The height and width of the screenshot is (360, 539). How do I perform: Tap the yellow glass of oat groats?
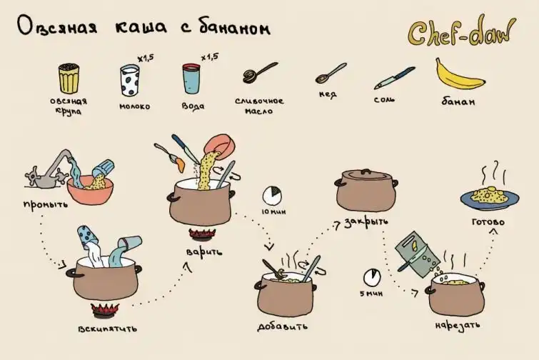click(x=69, y=79)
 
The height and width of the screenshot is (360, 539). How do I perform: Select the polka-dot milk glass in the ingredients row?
click(x=130, y=81)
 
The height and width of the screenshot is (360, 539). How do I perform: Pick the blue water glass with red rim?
click(x=191, y=79)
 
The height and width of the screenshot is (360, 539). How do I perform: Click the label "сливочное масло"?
click(x=259, y=106)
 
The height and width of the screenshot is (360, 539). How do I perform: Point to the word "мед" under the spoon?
click(x=328, y=94)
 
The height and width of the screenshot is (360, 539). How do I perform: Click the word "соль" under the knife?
click(x=384, y=100)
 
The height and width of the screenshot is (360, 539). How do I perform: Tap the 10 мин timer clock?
click(x=272, y=196)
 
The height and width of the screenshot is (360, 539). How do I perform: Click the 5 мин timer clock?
click(x=372, y=277)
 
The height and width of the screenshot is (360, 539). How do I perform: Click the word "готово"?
click(x=488, y=221)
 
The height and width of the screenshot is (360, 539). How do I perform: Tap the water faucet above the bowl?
click(x=51, y=169)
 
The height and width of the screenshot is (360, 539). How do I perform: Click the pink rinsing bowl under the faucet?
click(x=90, y=191)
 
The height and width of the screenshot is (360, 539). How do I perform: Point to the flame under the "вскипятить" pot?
click(x=105, y=310)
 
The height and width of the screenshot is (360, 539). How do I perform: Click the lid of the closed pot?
click(x=367, y=176)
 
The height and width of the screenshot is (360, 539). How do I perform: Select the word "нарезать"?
click(x=457, y=325)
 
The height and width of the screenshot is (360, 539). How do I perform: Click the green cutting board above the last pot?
click(x=418, y=254)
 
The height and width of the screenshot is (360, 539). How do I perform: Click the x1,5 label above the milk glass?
click(x=146, y=59)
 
